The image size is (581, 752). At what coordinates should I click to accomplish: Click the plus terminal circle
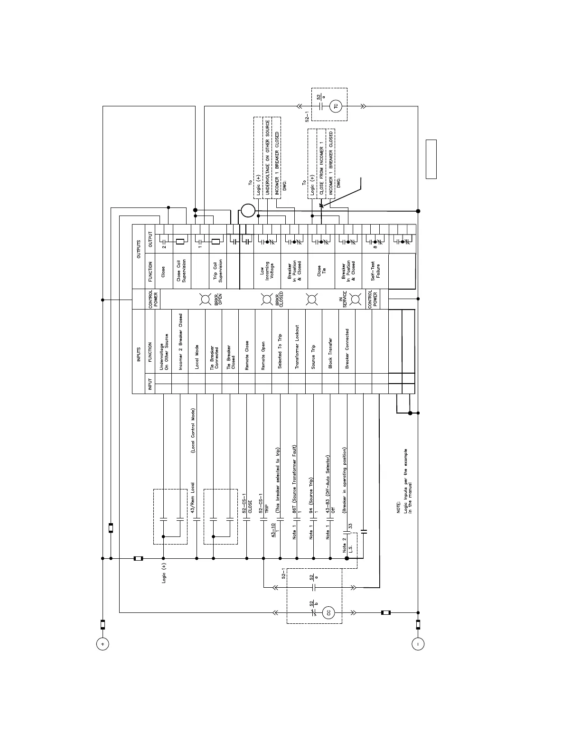coord(103,644)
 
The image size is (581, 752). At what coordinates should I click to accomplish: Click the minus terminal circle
coord(418,644)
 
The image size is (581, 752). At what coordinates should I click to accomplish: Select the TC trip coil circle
coord(336,106)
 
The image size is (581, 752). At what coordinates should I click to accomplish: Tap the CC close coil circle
coord(328,612)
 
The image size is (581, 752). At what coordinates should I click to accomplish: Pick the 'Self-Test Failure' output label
coord(375,271)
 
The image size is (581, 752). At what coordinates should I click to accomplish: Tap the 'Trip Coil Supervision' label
coord(218,271)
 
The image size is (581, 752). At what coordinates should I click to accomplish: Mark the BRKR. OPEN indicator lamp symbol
coord(206,299)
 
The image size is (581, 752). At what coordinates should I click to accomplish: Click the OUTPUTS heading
coord(139,249)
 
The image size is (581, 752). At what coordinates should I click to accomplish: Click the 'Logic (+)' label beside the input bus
coord(164,573)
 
